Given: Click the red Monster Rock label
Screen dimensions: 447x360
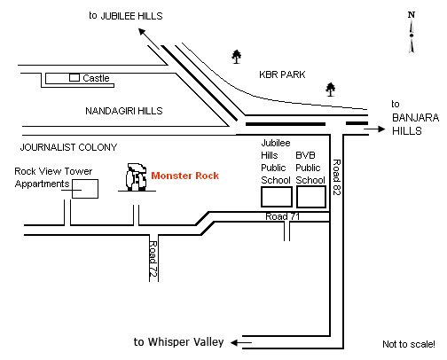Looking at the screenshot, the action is [x=185, y=176].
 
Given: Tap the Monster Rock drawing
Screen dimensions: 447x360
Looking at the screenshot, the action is [x=137, y=177].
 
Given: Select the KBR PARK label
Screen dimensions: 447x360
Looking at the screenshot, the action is [x=282, y=74].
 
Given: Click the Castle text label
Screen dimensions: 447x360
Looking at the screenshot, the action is [x=96, y=78].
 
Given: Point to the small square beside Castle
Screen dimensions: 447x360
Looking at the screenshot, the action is [x=74, y=78].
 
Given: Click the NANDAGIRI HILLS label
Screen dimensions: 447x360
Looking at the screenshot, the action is [x=124, y=111].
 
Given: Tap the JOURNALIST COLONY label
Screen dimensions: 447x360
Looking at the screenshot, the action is [x=68, y=147].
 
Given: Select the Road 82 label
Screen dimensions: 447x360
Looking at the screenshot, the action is [x=337, y=177].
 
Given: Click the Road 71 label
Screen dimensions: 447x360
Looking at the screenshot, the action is [x=283, y=216].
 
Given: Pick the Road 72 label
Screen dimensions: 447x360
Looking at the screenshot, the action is [x=153, y=259].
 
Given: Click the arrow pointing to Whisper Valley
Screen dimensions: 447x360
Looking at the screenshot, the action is [x=241, y=342].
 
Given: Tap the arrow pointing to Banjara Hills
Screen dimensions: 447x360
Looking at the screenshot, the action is [x=374, y=129].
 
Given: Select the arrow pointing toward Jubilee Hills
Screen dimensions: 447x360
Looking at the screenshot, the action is [x=149, y=39].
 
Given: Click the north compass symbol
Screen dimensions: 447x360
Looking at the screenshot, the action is [x=412, y=32].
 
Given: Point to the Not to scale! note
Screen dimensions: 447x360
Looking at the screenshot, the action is [x=409, y=344].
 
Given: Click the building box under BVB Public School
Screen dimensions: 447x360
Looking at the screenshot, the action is [x=311, y=197].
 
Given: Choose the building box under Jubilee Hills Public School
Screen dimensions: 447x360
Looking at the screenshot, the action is [x=277, y=197].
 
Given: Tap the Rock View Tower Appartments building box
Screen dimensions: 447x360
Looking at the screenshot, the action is [x=85, y=189].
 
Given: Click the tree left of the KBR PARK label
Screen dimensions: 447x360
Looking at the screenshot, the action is [x=236, y=57].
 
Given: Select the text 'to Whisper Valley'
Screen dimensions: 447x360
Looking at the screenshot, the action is [x=179, y=342].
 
